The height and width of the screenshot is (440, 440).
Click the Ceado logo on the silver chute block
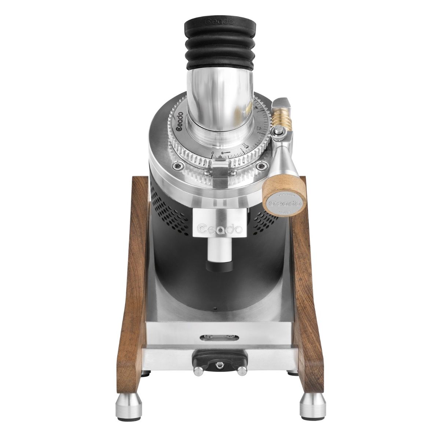click(x=219, y=229)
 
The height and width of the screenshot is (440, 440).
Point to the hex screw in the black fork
click(x=220, y=365)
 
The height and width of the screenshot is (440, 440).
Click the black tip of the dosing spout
click(x=219, y=268)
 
